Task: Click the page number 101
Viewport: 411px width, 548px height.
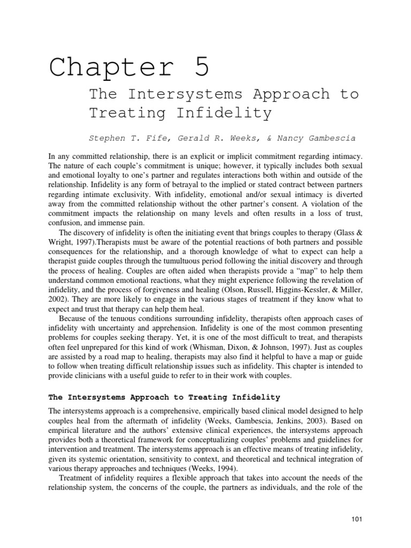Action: [357, 520]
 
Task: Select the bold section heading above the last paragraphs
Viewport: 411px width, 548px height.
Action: [165, 397]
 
